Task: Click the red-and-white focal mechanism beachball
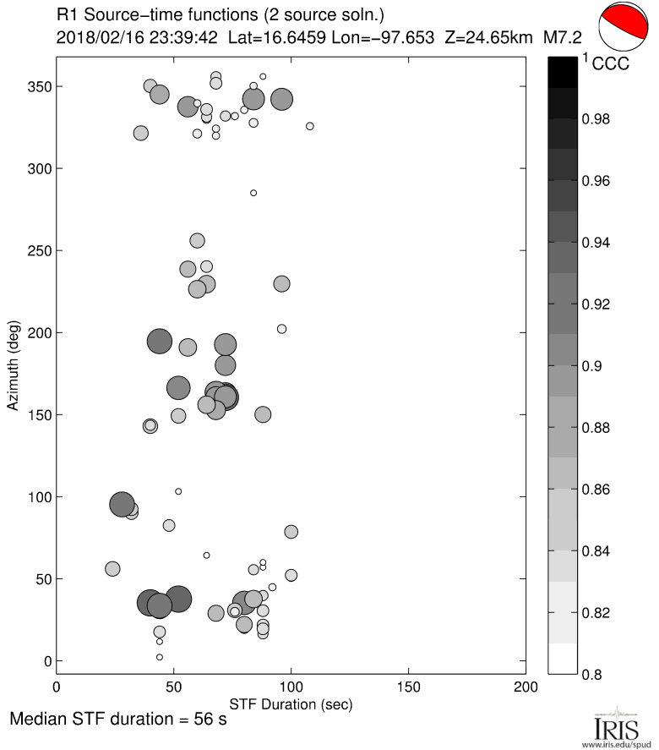[625, 30]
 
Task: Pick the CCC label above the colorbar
[611, 64]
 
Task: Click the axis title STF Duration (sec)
[291, 703]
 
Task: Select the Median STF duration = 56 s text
[118, 721]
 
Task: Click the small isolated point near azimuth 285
[253, 193]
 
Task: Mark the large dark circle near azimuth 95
[123, 505]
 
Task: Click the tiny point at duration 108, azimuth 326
[310, 126]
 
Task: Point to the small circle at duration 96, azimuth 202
[281, 329]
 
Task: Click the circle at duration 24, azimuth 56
[112, 569]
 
